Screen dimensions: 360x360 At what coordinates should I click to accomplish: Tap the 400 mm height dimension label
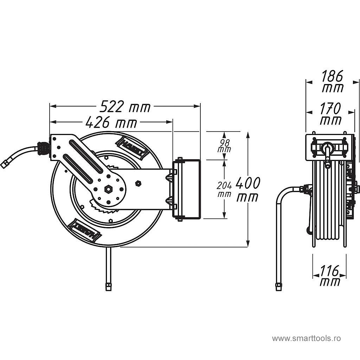click(x=248, y=189)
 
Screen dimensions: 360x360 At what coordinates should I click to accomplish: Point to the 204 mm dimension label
click(x=224, y=189)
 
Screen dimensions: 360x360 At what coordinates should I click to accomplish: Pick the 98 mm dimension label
click(x=224, y=146)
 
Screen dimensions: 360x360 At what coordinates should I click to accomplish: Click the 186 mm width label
click(x=333, y=81)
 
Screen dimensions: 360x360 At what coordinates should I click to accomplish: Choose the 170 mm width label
click(x=330, y=114)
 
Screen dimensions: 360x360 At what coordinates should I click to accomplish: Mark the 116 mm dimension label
click(x=330, y=275)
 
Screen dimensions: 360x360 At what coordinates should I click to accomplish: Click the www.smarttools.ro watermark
click(x=306, y=338)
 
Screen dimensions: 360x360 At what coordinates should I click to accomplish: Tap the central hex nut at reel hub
click(x=108, y=189)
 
